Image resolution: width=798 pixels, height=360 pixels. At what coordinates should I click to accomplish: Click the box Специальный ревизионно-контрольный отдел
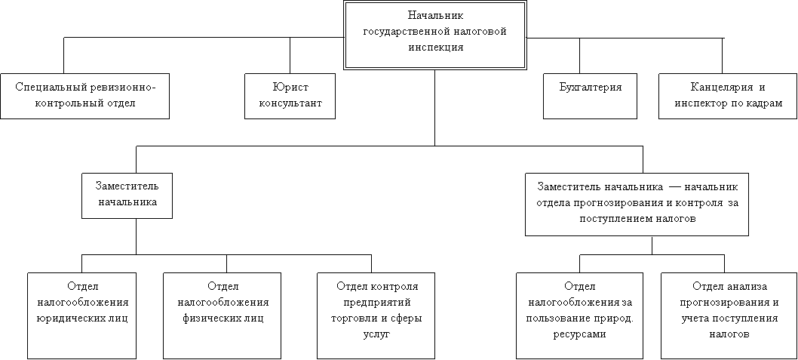click(84, 97)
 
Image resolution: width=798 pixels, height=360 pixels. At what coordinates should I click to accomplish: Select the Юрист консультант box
click(290, 97)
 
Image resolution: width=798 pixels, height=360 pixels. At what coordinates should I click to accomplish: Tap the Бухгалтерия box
click(591, 97)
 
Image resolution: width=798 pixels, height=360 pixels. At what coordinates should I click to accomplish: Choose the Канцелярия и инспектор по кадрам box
click(728, 97)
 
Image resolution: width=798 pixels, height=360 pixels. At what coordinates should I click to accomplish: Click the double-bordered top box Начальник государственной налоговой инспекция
click(434, 35)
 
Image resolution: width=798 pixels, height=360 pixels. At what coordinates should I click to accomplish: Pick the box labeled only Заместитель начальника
click(127, 195)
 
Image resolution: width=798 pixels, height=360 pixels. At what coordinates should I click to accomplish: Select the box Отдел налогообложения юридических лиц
click(82, 315)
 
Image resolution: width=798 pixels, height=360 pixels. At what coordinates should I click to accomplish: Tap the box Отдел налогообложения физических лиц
click(223, 315)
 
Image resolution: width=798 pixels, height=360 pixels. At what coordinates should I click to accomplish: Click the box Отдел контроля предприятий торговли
click(376, 315)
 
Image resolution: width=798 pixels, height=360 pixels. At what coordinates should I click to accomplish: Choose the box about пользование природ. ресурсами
click(580, 315)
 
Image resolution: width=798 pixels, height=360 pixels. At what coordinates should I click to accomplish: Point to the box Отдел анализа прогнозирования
click(729, 315)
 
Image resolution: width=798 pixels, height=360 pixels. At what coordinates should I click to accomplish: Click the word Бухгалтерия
click(591, 87)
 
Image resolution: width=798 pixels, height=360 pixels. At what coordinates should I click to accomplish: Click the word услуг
click(376, 334)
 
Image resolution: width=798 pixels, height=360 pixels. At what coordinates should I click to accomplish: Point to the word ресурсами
click(580, 334)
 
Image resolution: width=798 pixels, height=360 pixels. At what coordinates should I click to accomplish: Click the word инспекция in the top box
click(436, 48)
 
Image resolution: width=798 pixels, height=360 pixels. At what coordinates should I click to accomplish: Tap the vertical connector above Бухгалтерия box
click(580, 56)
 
